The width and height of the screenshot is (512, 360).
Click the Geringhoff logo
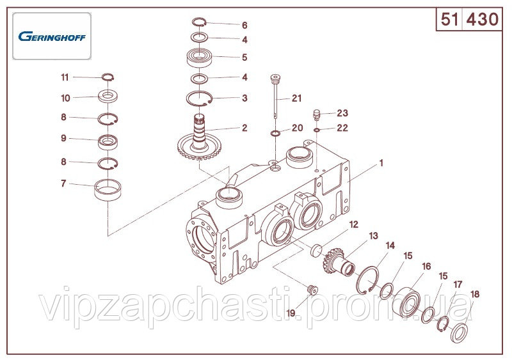pos(52,36)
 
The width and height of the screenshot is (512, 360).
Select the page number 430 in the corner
pos(483,19)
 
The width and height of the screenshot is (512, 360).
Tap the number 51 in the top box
pos(450,19)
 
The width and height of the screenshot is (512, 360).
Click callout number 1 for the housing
pos(381,163)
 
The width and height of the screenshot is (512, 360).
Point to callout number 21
pos(296,98)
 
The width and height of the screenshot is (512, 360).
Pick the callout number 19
pos(291,313)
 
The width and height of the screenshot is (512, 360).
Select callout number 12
pos(354,224)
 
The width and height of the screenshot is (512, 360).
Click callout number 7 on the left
pos(63,184)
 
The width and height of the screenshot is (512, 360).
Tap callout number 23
pos(342,113)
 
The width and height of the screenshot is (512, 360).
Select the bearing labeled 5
pos(200,58)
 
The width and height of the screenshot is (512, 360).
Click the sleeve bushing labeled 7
pos(108,190)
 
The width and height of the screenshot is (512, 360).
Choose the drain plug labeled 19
pos(313,290)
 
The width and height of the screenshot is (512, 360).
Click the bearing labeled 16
pos(407,302)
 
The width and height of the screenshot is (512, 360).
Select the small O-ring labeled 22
pos(316,130)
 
